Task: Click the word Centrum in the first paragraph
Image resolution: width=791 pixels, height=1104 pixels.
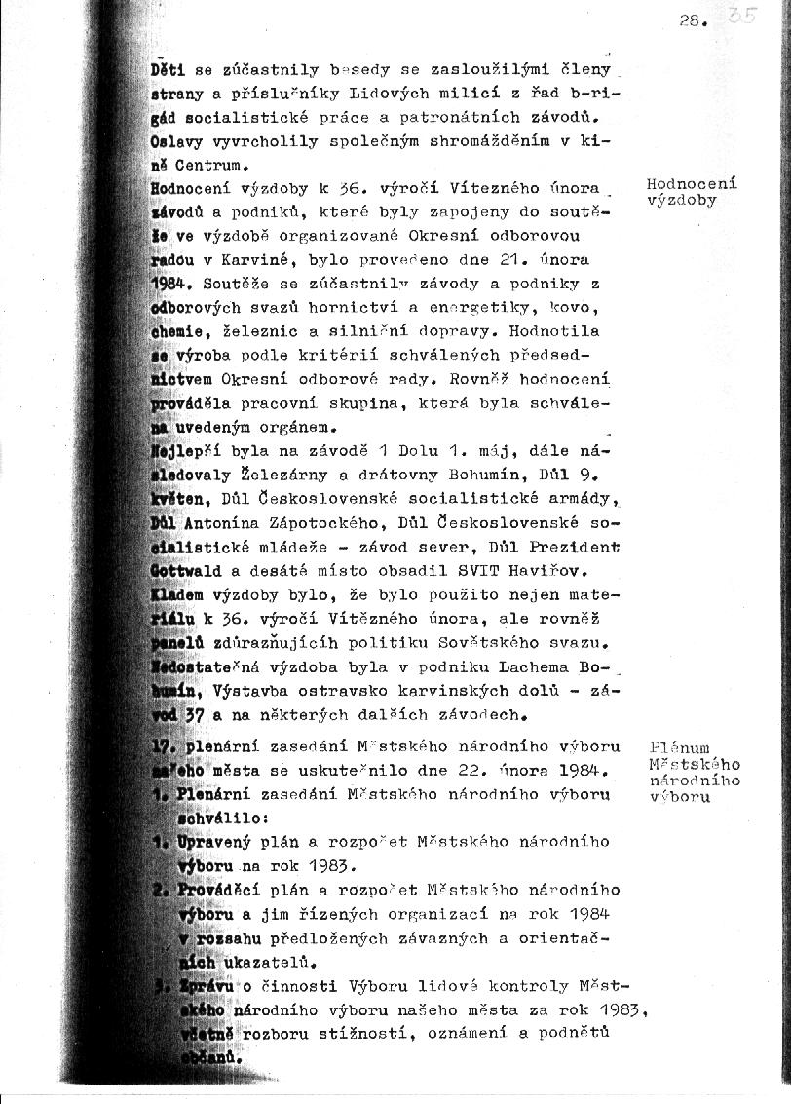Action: [207, 165]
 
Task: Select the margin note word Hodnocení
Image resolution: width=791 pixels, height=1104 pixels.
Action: [691, 184]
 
